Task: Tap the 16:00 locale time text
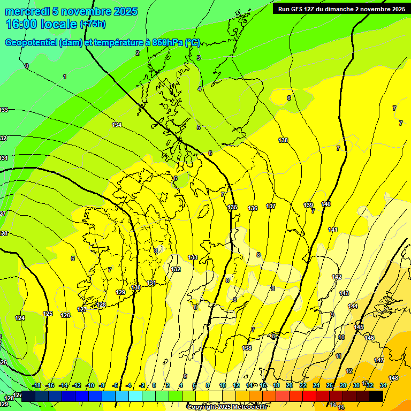coord(41,24)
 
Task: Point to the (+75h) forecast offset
coord(93,24)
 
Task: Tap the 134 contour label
coord(117,125)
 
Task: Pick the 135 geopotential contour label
coord(232,208)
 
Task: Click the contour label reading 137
coord(271,206)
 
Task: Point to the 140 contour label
coord(326,204)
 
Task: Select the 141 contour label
coord(333,230)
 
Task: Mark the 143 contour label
coord(344,293)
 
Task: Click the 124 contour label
coord(20,318)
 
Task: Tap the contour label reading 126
coord(65,315)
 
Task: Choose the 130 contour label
coord(136,287)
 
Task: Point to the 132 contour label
coord(176,269)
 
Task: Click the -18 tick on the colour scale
coord(36,385)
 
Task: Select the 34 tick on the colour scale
coord(383,385)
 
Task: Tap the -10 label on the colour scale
coord(89,385)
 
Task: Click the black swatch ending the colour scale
coord(376,396)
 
